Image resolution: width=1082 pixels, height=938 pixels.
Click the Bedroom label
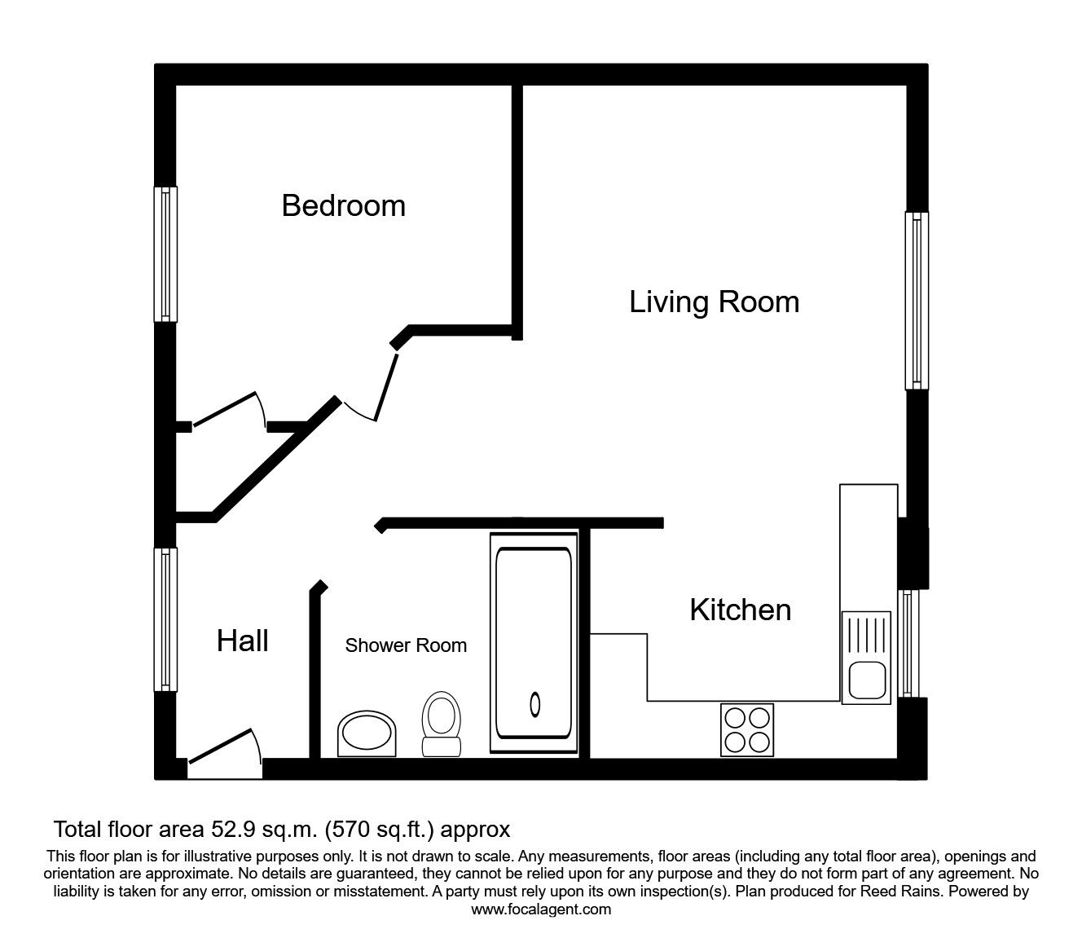(x=343, y=205)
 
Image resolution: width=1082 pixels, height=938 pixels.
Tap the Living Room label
(x=714, y=302)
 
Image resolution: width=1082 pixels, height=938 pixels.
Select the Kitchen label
(x=740, y=610)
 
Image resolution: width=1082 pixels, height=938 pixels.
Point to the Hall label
(x=242, y=641)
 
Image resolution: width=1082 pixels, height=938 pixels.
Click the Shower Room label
(x=406, y=645)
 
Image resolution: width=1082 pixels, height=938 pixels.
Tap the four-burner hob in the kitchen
(x=747, y=729)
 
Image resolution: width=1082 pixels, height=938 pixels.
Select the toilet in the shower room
(x=441, y=723)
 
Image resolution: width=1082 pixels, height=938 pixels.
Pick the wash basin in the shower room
(x=367, y=733)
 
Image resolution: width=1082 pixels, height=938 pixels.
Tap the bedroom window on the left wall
(x=165, y=253)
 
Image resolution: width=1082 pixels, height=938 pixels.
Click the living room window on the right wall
(x=917, y=301)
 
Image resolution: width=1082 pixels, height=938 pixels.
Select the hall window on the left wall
(x=165, y=619)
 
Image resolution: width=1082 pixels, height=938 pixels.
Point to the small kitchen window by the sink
(x=909, y=643)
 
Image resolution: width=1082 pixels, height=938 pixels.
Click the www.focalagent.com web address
(x=541, y=909)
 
